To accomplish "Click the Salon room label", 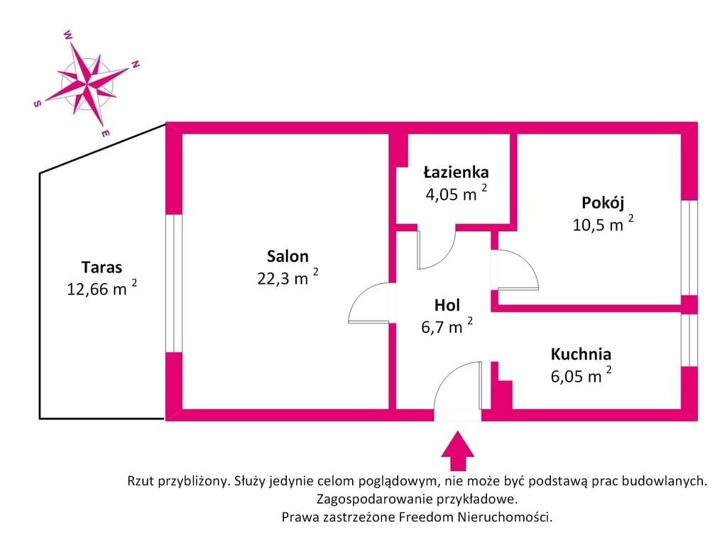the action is coord(288,256).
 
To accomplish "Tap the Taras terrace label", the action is coord(102,268).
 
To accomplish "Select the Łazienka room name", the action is coord(457,172).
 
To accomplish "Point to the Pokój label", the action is coord(603,202).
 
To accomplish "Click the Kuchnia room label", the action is coord(581,354).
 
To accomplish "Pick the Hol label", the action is coord(447,305).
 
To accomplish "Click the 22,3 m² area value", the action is coord(288,277).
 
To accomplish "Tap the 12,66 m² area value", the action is coord(102,288).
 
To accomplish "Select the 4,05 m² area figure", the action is coord(457,193).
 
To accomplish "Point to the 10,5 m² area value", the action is coord(603,224).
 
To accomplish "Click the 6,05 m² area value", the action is coord(581,375).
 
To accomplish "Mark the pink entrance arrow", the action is coord(458,451).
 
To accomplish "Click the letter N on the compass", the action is coord(136,65).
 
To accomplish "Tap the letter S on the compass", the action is coord(37,104).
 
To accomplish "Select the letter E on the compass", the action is coord(105,134).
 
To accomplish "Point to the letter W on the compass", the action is coord(67,34).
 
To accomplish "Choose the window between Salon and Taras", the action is coord(173,283).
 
